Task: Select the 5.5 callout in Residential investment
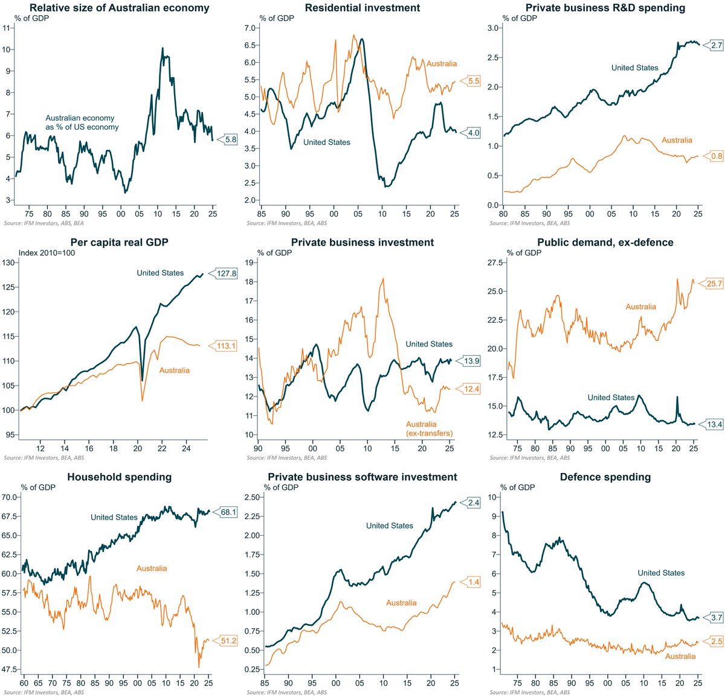click(x=473, y=81)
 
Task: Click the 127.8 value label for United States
click(x=227, y=273)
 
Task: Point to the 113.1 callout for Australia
click(x=227, y=346)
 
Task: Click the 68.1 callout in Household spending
click(x=228, y=512)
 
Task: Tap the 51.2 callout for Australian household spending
click(x=228, y=641)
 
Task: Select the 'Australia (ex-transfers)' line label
click(x=429, y=428)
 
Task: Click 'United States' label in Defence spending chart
click(x=661, y=573)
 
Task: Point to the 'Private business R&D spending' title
click(x=605, y=8)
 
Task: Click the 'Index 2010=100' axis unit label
click(x=47, y=253)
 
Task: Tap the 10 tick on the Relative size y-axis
click(x=7, y=49)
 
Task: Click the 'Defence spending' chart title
click(x=605, y=477)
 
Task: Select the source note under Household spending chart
click(x=44, y=692)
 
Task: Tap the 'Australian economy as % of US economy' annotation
click(x=82, y=122)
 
